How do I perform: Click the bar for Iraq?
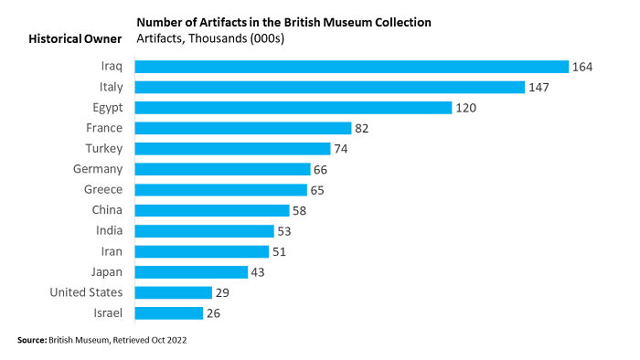pyautogui.click(x=352, y=67)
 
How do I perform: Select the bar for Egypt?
pyautogui.click(x=293, y=108)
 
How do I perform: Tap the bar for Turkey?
pyautogui.click(x=232, y=149)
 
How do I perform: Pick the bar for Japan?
pyautogui.click(x=192, y=272)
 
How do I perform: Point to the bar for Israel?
pyautogui.click(x=169, y=313)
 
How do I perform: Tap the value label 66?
pyautogui.click(x=320, y=169)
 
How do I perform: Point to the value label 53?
pyautogui.click(x=284, y=231)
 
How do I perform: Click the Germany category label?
pyautogui.click(x=98, y=169)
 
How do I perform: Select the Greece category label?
pyautogui.click(x=103, y=190)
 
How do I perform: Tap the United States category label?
pyautogui.click(x=86, y=292)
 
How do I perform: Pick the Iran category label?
pyautogui.click(x=111, y=251)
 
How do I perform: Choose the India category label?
pyautogui.click(x=109, y=231)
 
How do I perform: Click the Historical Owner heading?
pyautogui.click(x=74, y=39)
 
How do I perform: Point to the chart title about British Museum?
pyautogui.click(x=283, y=21)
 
